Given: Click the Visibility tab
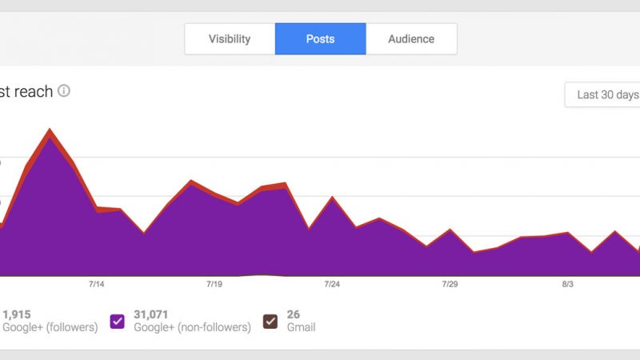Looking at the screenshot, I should click(x=230, y=38).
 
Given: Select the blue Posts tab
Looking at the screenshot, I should click(x=320, y=38).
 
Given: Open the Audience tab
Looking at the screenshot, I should click(x=411, y=38).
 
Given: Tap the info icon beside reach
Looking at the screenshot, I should click(x=64, y=91).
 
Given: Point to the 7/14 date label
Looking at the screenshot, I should click(x=97, y=284).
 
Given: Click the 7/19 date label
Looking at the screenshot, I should click(x=214, y=284).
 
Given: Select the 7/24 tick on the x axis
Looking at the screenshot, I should click(x=332, y=284).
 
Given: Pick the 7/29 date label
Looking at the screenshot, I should click(x=450, y=284).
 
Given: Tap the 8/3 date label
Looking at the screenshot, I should click(x=567, y=284).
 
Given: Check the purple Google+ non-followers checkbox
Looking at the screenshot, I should click(x=118, y=322).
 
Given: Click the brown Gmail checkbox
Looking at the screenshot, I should click(x=270, y=322).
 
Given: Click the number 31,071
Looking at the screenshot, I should click(x=150, y=314).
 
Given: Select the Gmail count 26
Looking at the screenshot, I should click(x=293, y=314).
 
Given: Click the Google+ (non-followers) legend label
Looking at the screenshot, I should click(x=192, y=327).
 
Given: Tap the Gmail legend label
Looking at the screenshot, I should click(x=301, y=327).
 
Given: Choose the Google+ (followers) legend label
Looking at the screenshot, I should click(x=50, y=327).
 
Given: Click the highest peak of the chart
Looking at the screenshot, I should click(x=50, y=130).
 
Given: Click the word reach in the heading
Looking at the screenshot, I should click(x=34, y=92).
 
